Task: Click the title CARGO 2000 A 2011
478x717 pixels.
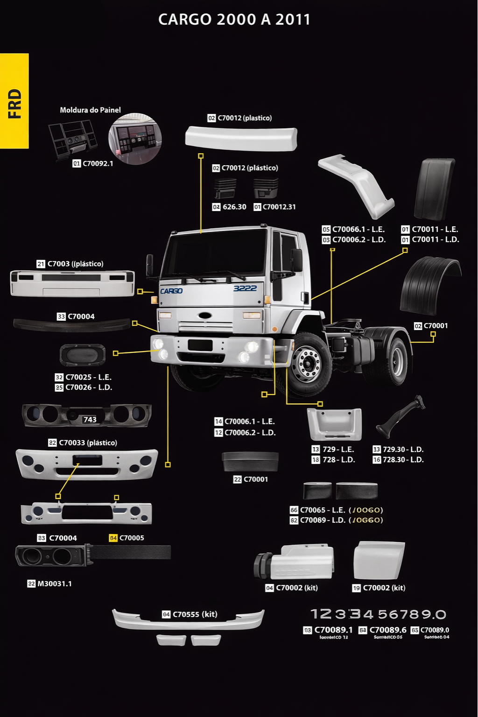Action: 234,20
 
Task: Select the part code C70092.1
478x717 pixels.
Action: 98,164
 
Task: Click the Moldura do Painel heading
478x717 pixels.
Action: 90,110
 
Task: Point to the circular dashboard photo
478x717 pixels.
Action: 135,139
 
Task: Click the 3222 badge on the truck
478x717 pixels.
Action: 245,288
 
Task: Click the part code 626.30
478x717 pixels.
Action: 234,207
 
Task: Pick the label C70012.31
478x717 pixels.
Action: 279,207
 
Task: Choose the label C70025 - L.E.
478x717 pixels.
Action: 88,377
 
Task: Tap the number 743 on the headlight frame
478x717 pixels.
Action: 90,420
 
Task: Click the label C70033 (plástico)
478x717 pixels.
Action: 88,443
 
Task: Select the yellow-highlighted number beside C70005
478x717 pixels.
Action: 113,538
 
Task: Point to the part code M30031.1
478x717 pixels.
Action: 55,584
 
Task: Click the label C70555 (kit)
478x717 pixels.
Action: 195,614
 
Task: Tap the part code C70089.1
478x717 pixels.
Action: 333,630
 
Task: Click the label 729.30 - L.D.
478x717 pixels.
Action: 403,450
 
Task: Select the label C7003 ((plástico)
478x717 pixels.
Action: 75,264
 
